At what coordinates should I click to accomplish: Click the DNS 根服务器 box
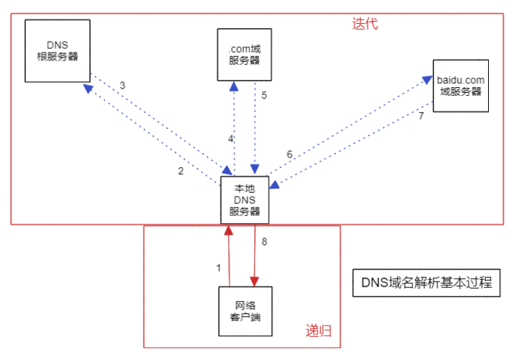tap(57, 50)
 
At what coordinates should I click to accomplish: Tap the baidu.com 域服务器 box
tap(461, 86)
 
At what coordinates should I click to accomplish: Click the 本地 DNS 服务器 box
tap(244, 199)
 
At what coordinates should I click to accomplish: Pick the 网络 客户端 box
tap(245, 310)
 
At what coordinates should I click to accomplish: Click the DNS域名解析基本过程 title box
tap(425, 283)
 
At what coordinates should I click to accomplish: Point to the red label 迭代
tap(365, 23)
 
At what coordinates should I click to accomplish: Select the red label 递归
tap(318, 331)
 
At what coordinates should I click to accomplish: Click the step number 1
tap(219, 268)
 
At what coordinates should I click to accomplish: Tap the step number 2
tap(181, 171)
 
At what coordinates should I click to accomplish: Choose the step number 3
tap(122, 86)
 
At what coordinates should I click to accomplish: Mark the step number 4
tap(230, 138)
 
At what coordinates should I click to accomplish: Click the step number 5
tap(264, 95)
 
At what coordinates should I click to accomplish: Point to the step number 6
tap(289, 154)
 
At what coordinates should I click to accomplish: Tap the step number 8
tap(263, 241)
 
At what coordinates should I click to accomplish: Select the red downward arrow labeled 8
tap(254, 256)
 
